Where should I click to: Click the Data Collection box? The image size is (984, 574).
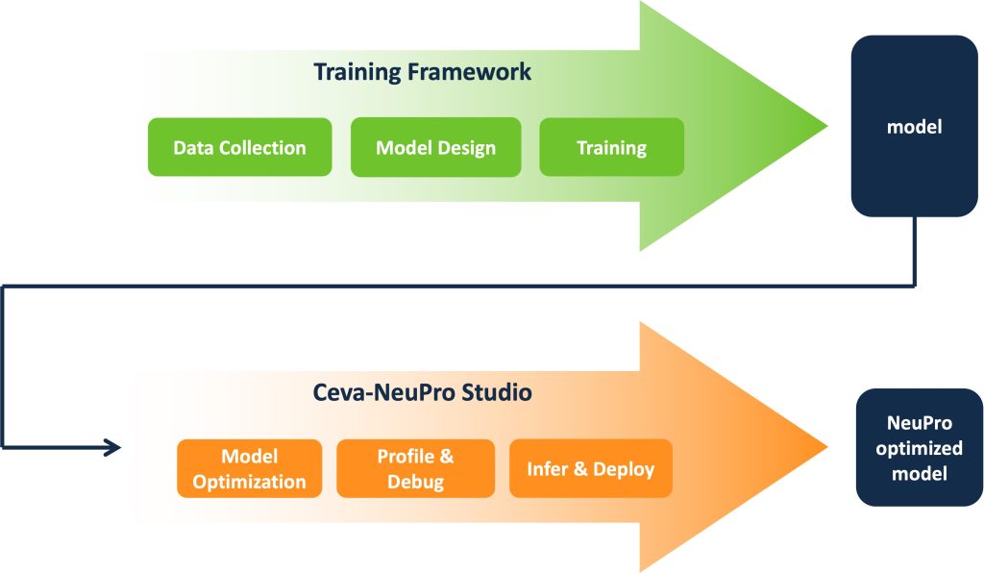[239, 147]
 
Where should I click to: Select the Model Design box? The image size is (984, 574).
[435, 147]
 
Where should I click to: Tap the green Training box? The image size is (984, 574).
[612, 147]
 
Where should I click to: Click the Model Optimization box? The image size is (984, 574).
[249, 468]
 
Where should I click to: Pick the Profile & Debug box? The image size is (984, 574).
[415, 468]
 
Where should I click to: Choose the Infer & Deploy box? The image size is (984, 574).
[591, 468]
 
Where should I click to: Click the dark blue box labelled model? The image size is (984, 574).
[915, 126]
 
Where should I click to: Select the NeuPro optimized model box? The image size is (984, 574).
[920, 448]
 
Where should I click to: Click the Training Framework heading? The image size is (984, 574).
[423, 71]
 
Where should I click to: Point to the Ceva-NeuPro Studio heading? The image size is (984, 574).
[423, 392]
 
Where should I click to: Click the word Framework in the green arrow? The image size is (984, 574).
[469, 71]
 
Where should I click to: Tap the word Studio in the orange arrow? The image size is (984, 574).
[497, 392]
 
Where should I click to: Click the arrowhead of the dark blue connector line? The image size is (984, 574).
[113, 447]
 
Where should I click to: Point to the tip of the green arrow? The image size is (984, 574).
[827, 126]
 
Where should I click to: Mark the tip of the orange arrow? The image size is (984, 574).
[827, 447]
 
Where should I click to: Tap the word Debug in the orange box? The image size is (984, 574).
[415, 482]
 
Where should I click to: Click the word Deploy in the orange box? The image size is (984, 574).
[624, 469]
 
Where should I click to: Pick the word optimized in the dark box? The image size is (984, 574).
[920, 448]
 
